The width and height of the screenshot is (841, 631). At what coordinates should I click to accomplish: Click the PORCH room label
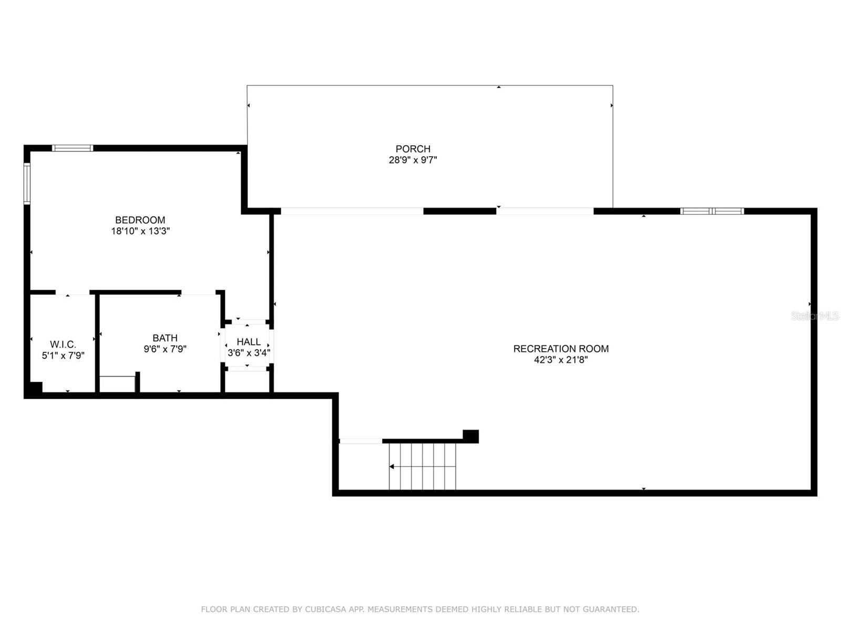(413, 149)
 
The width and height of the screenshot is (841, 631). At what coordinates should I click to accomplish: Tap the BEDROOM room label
(140, 220)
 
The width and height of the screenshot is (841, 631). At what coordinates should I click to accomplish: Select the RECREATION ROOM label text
(561, 349)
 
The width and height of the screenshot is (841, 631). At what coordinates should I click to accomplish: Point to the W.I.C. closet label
(63, 344)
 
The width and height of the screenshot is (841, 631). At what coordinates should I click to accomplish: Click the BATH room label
(165, 338)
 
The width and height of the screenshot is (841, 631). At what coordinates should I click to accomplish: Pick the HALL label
(249, 342)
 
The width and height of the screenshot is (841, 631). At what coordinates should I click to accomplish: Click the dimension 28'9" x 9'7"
(413, 160)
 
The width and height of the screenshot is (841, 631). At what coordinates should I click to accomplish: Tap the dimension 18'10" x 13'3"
(140, 231)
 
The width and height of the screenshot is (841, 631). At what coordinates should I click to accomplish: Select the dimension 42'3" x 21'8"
(561, 360)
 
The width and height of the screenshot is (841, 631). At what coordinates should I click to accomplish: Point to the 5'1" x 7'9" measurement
(63, 355)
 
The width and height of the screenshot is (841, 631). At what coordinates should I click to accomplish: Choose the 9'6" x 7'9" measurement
(165, 349)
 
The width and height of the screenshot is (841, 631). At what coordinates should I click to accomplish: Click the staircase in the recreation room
(423, 466)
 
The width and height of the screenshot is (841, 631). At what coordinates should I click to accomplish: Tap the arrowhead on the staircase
(392, 466)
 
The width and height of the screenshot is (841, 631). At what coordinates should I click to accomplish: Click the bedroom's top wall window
(73, 148)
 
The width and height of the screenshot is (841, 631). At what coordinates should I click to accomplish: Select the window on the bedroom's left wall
(27, 183)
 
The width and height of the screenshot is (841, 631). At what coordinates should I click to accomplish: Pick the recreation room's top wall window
(712, 211)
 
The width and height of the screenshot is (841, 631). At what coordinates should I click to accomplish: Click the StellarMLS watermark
(815, 316)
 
